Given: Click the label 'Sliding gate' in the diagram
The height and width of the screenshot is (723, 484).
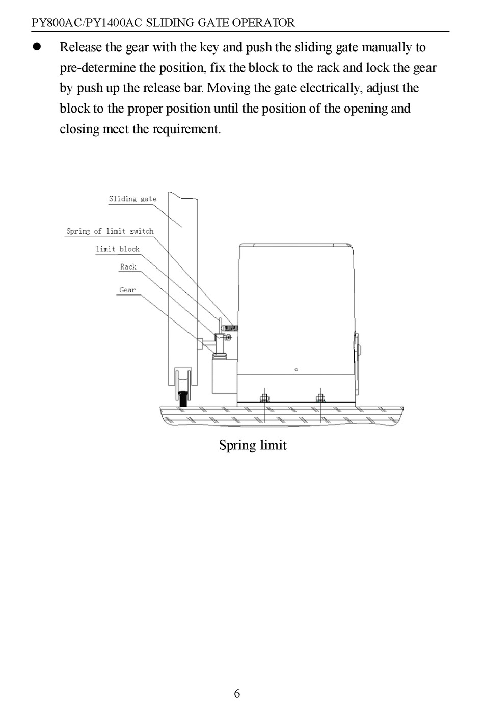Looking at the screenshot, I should coord(132,199).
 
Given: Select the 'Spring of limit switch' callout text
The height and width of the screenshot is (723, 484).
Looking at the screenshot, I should coord(110,231).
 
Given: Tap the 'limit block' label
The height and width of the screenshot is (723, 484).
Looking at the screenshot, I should coord(117,249).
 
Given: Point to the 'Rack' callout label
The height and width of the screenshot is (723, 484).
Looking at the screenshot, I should coord(128,267).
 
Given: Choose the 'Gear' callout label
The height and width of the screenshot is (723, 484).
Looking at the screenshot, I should coord(127,290).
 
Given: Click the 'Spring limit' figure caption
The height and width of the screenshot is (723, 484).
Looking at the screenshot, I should coord(253,445).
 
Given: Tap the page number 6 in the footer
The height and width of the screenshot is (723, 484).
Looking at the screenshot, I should coord(237,693).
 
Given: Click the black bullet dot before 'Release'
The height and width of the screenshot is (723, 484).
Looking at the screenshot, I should coord(37,47).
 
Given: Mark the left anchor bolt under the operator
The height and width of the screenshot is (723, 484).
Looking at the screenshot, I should coord(264,397).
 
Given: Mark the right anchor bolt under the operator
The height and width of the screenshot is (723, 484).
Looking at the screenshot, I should coord(320,397).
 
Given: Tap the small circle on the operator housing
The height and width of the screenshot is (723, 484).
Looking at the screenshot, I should coord(296,370).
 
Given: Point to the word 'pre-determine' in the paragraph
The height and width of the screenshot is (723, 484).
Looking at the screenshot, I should coord(97,68).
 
